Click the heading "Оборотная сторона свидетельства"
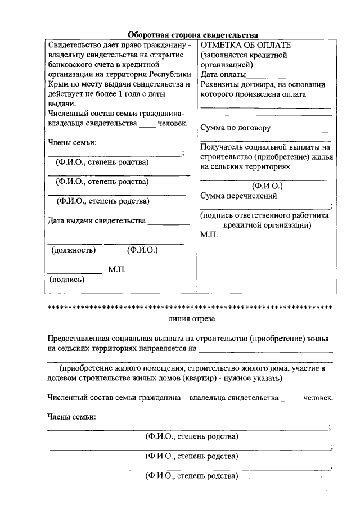click(x=192, y=34)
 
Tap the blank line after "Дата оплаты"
click(x=269, y=76)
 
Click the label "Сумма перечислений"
click(x=238, y=196)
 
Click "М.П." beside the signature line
click(x=117, y=270)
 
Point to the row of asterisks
click(x=190, y=308)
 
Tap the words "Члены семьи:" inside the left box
click(x=73, y=142)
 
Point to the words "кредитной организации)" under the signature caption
click(x=267, y=225)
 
